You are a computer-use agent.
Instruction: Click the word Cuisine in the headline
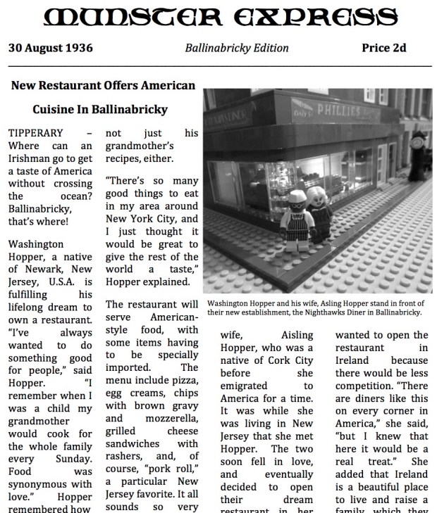59,110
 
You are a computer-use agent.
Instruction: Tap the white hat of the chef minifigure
295,194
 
